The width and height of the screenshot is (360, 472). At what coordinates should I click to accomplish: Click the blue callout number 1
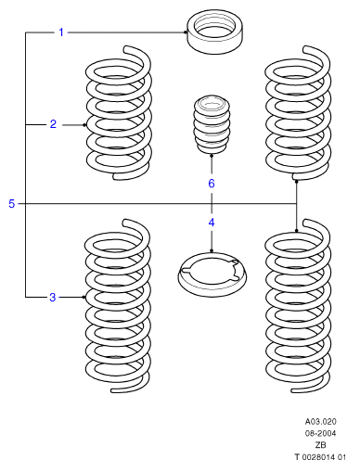point(61,32)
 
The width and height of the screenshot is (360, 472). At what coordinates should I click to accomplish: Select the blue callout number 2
point(53,124)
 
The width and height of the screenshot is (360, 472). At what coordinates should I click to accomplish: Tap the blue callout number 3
point(53,298)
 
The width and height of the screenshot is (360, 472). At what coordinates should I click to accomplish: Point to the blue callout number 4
point(212,223)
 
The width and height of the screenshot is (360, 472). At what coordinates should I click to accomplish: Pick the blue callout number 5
point(12,204)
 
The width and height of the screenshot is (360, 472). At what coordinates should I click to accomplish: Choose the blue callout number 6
point(212,184)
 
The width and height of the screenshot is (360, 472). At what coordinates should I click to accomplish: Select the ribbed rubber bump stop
point(212,124)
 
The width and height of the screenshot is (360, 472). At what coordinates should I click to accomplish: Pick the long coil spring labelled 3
point(87,297)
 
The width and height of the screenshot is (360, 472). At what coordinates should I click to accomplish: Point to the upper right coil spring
point(267,123)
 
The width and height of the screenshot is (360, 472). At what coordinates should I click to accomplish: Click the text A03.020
point(320,422)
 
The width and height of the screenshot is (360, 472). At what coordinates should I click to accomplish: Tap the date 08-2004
point(320,433)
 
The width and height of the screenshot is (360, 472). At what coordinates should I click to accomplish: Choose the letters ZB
point(320,445)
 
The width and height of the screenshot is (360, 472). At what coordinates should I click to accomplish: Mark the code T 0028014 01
point(320,457)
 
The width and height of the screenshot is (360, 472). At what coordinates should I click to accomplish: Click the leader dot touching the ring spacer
point(186,32)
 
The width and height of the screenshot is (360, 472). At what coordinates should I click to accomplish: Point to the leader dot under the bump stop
point(212,156)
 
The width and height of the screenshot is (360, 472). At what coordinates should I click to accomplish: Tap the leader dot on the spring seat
point(212,250)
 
